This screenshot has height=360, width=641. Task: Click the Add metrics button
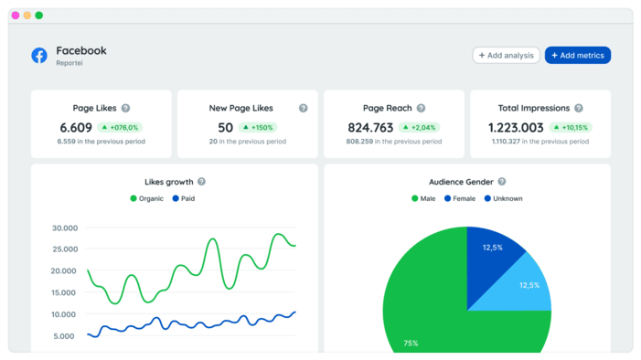[577, 56]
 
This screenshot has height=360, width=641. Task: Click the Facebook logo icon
[39, 56]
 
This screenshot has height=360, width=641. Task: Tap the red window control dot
[15, 16]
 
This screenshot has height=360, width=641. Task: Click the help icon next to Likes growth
[201, 182]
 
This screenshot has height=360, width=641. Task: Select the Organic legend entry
[147, 198]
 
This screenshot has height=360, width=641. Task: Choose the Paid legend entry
[183, 198]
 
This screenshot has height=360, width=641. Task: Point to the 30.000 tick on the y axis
[64, 228]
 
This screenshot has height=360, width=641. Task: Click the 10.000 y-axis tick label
[64, 314]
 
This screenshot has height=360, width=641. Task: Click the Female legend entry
[460, 198]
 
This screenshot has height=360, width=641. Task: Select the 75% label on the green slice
[411, 344]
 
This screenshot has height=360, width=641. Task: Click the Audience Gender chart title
[461, 182]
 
